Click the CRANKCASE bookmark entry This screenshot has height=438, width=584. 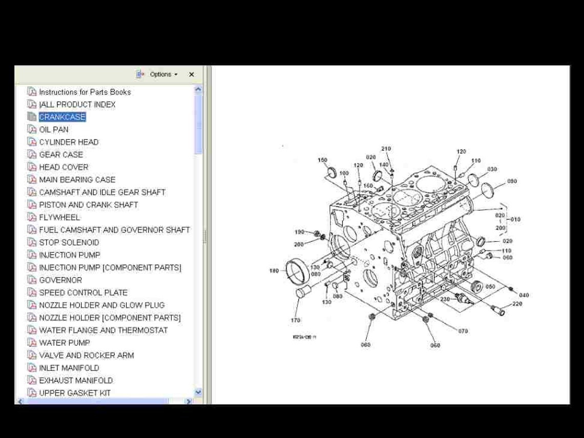(62, 117)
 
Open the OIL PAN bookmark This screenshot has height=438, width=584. (54, 130)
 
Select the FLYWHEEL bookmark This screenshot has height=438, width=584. (59, 217)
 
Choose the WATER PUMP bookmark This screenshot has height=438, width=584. (64, 343)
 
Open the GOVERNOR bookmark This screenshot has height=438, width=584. (60, 280)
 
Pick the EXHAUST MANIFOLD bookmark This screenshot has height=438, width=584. (76, 381)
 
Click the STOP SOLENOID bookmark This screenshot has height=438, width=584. (69, 242)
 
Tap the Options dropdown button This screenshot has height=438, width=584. (163, 74)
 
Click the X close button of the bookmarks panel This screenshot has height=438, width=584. (192, 74)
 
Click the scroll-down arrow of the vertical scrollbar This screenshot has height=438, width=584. (199, 392)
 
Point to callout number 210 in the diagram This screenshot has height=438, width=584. (386, 149)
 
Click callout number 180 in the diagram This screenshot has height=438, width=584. (274, 270)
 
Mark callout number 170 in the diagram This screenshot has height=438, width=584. (296, 321)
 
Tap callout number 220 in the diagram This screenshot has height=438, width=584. (517, 304)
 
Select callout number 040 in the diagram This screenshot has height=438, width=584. (524, 295)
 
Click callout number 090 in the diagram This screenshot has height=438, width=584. (512, 181)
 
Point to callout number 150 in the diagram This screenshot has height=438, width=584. (322, 160)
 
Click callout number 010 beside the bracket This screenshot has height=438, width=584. (515, 219)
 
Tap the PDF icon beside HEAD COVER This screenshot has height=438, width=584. (32, 167)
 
